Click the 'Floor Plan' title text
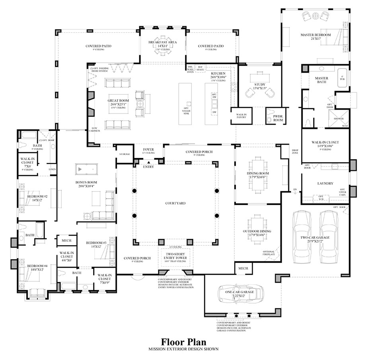tap(183, 342)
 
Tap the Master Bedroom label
tap(315, 35)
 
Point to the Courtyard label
tap(175, 203)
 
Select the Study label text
tap(259, 84)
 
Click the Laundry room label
tap(325, 184)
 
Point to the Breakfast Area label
tap(162, 42)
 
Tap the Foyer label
tap(148, 150)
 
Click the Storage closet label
tap(124, 154)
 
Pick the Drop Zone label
tap(295, 151)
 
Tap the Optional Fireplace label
tap(269, 253)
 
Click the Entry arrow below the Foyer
tap(149, 162)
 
